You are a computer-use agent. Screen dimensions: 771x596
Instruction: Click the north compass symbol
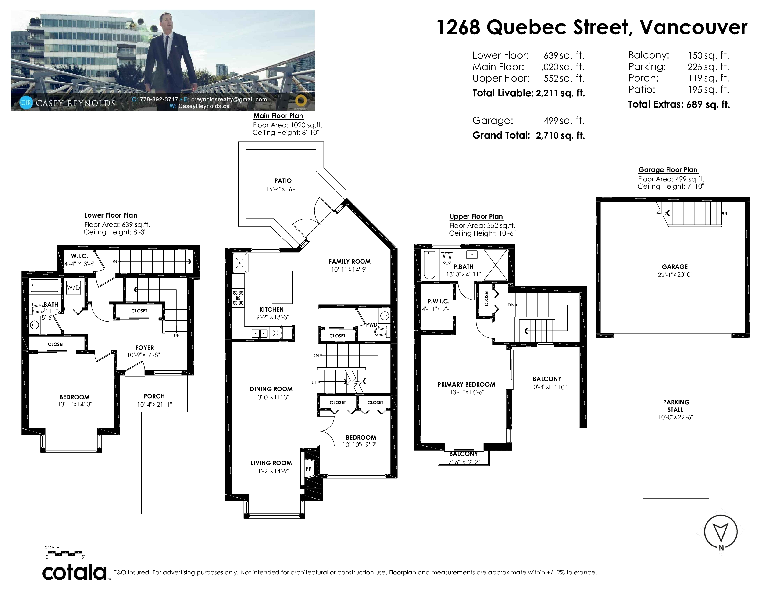pyautogui.click(x=721, y=532)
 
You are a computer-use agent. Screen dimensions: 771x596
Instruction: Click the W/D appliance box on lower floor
pyautogui.click(x=73, y=288)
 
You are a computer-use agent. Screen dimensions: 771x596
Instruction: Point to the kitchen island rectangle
pyautogui.click(x=282, y=287)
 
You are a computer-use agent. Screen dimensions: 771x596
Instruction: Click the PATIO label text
pyautogui.click(x=283, y=180)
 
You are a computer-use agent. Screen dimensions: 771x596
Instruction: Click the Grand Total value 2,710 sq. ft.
pyautogui.click(x=560, y=136)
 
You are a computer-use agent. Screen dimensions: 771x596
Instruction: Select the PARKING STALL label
pyautogui.click(x=676, y=406)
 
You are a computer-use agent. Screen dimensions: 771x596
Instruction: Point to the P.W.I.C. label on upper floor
pyautogui.click(x=438, y=301)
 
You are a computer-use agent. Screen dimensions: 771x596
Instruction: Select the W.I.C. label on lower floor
pyautogui.click(x=79, y=256)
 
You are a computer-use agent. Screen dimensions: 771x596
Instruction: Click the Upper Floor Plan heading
pyautogui.click(x=476, y=216)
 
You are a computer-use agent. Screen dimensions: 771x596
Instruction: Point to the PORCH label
pyautogui.click(x=154, y=396)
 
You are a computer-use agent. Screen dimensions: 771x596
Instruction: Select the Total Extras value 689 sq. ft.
pyautogui.click(x=708, y=104)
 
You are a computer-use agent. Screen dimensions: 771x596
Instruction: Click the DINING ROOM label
pyautogui.click(x=271, y=389)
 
